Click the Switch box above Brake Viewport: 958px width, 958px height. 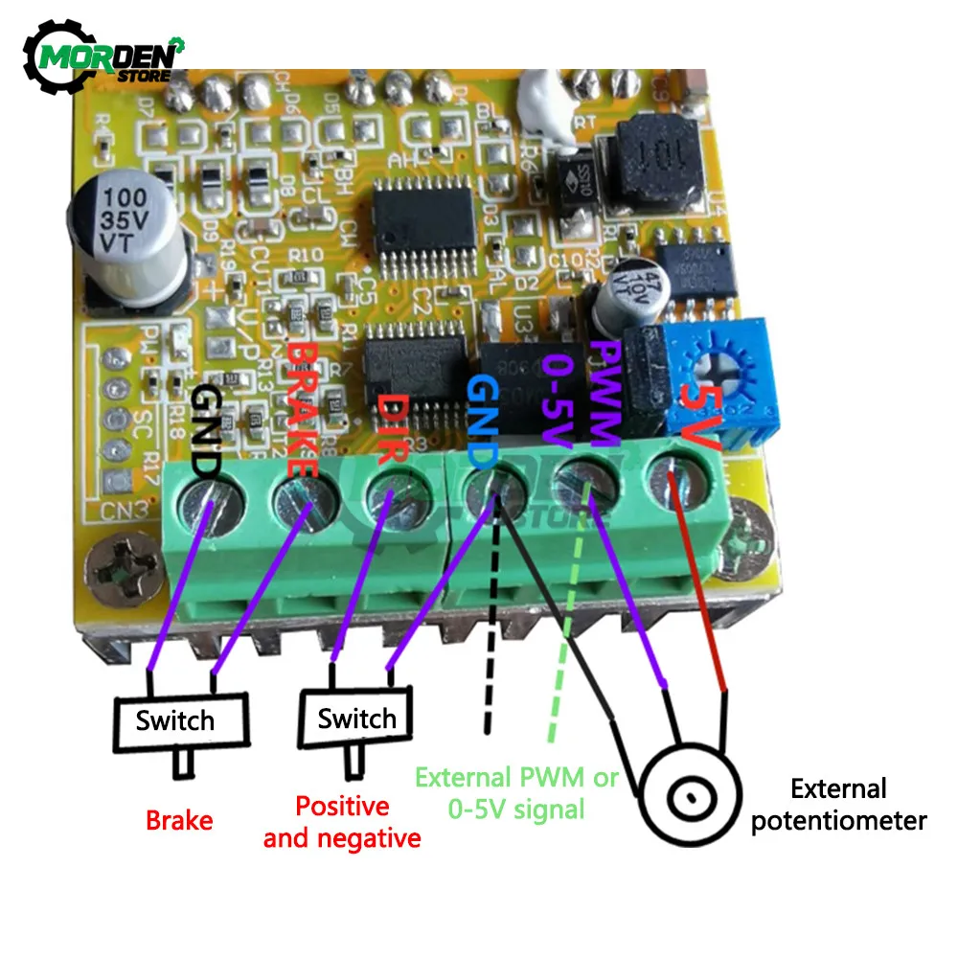(175, 720)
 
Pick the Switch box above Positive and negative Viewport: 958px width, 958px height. (356, 718)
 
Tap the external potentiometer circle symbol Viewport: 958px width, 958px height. (689, 795)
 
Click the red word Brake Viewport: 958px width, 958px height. (179, 820)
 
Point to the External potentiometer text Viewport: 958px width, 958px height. (837, 805)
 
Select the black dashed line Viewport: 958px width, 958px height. (490, 651)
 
